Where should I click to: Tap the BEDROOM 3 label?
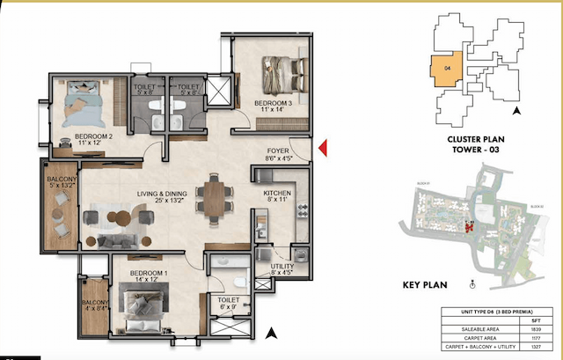pyautogui.click(x=272, y=104)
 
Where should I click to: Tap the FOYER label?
pyautogui.click(x=279, y=151)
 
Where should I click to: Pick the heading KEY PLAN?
pyautogui.click(x=425, y=285)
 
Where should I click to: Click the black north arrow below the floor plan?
pyautogui.click(x=272, y=332)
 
